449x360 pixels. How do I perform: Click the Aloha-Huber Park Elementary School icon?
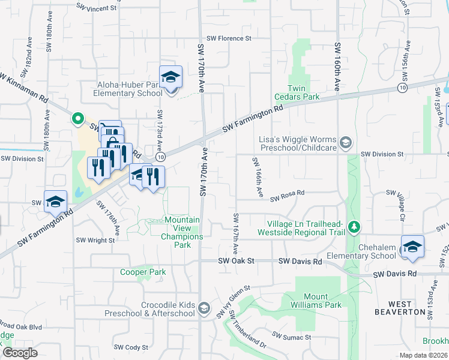coord(170,78)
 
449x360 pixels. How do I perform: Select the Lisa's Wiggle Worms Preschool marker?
coord(345,143)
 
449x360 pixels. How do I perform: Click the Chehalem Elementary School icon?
coord(412,247)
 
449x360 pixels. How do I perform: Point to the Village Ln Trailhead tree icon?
coord(355,227)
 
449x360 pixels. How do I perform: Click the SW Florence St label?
coord(229,38)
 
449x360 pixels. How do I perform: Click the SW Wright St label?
coord(95,240)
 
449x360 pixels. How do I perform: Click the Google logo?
coord(20,353)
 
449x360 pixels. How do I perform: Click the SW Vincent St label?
coord(96,8)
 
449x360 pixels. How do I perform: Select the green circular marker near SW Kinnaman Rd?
coord(77,118)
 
